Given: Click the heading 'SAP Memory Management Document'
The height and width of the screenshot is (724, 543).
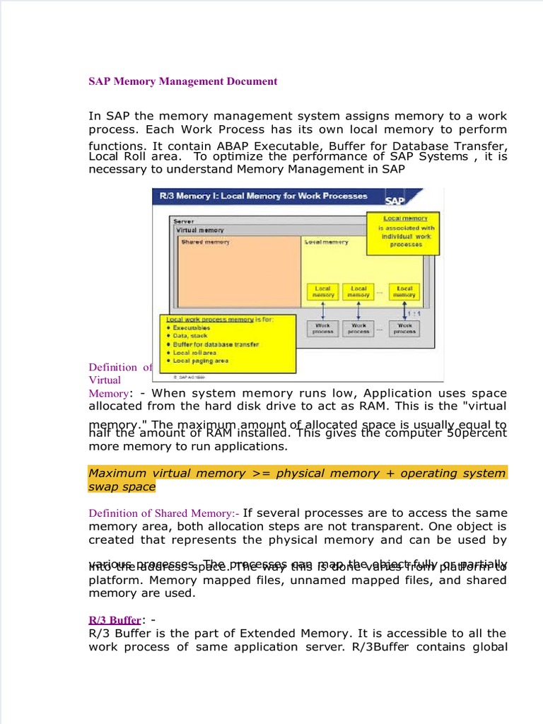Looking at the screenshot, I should coord(182,81).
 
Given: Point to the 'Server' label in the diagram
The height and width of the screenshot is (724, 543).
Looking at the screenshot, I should coord(184,221).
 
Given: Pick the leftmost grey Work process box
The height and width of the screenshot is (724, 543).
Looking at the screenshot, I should coord(322,329).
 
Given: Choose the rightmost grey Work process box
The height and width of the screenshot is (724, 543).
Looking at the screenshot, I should coord(404,329).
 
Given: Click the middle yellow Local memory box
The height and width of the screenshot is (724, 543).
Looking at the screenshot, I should coord(359,291).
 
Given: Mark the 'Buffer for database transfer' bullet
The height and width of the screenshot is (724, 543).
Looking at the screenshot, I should coord(216,344).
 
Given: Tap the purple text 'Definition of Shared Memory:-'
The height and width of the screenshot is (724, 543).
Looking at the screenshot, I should coord(164,513).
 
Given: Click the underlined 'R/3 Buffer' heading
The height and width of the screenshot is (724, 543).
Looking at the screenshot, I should coord(115,620).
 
